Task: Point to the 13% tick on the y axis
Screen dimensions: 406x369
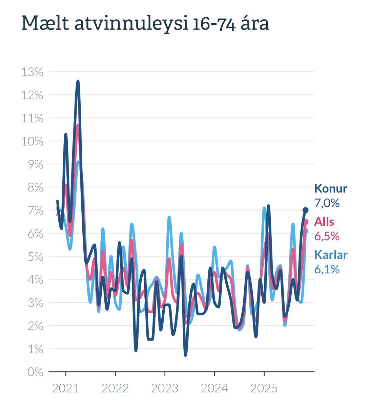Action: pos(33,72)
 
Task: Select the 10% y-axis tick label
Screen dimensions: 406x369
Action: pos(33,141)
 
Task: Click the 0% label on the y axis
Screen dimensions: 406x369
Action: pos(35,372)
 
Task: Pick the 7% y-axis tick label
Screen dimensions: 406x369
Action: pos(35,211)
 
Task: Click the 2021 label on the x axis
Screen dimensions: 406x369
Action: pos(66,388)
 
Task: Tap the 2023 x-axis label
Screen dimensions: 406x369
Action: pos(165,388)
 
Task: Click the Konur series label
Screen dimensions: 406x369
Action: pos(331,188)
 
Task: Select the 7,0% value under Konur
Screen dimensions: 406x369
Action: pos(327,203)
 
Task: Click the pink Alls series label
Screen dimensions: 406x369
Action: pos(324,222)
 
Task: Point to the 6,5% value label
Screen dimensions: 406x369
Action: pos(327,236)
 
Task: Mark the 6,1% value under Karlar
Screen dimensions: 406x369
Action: pos(327,269)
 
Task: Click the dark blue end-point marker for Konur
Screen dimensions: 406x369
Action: pos(305,210)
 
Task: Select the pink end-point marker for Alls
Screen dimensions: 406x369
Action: pos(306,222)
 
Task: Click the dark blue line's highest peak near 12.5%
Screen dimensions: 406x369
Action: pos(78,82)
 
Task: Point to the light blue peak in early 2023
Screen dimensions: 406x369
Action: pos(169,217)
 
